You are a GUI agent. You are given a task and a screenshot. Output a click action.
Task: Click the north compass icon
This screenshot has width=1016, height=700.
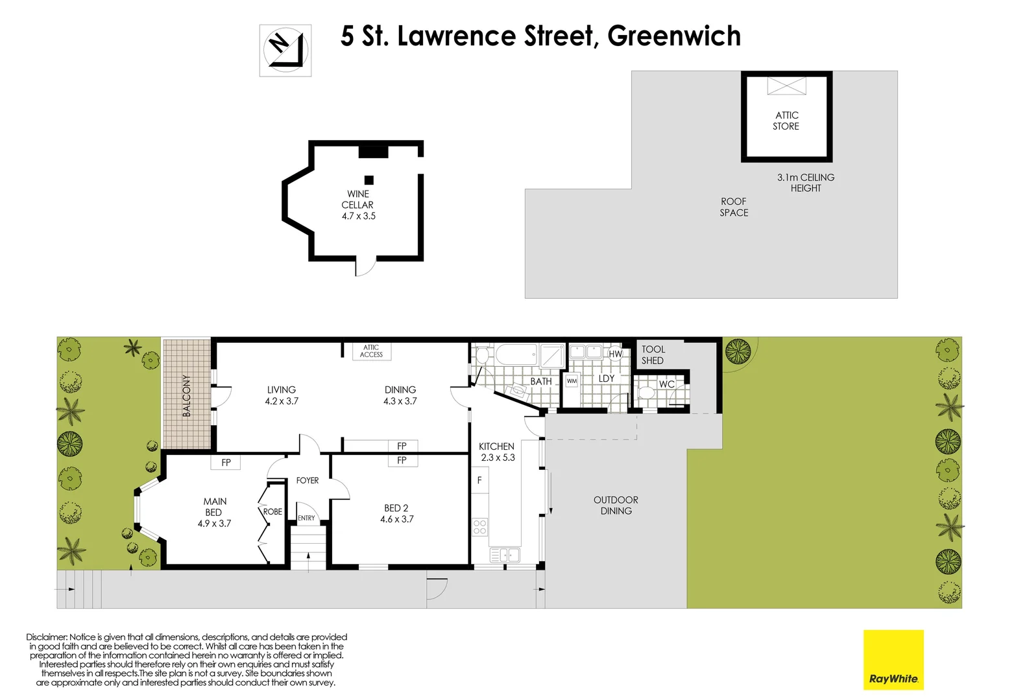(285, 51)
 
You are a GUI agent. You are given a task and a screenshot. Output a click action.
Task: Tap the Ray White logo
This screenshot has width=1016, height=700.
(893, 660)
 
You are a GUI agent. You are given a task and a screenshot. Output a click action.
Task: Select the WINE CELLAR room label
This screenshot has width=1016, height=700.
(358, 205)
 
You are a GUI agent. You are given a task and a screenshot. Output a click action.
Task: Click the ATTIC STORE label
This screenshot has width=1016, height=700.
(786, 121)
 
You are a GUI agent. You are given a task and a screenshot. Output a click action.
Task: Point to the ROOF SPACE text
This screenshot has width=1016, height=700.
(734, 207)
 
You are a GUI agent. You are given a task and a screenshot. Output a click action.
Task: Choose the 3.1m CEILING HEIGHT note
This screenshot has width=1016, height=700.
(806, 183)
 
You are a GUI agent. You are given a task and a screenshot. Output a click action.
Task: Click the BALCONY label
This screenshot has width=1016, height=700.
(187, 395)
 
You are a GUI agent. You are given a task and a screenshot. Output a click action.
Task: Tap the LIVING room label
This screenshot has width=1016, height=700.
(282, 395)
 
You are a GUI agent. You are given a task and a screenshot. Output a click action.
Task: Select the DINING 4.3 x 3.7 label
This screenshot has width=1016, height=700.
(400, 395)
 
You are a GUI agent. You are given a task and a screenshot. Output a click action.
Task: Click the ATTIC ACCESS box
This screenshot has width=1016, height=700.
(371, 351)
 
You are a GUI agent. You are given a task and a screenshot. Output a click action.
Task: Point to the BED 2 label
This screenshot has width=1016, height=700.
(396, 513)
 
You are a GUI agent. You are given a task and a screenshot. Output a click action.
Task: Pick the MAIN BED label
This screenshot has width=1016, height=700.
(215, 512)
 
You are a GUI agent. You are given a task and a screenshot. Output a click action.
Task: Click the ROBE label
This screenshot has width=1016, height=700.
(272, 511)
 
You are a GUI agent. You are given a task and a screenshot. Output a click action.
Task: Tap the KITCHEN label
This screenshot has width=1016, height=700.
(497, 452)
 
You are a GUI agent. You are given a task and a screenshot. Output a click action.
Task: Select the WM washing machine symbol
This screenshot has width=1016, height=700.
(572, 381)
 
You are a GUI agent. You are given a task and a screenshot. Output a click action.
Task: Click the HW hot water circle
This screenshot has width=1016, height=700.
(615, 354)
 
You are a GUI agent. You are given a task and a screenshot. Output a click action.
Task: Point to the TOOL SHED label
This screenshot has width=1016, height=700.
(653, 355)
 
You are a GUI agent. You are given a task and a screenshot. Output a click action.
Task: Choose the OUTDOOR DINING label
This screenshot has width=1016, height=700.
(616, 506)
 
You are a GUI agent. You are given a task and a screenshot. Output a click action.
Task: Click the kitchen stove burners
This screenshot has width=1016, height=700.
(479, 526)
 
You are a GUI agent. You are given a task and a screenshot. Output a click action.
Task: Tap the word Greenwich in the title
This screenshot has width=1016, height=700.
(674, 36)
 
